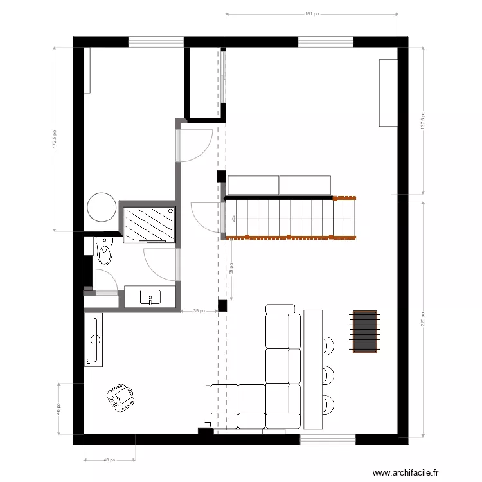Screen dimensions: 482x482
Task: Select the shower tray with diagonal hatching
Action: coord(149,224)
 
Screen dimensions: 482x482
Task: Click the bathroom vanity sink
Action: coord(150,298)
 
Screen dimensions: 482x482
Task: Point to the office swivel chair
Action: coord(121,397)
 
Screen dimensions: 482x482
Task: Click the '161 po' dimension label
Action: coord(312,13)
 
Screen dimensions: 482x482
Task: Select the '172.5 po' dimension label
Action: coord(55,139)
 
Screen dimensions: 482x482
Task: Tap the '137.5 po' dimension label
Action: coord(423,120)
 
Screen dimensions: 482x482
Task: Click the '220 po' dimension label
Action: coord(423,319)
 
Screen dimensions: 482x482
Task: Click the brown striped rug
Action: coord(364,332)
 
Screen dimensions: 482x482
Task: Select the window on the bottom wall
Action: coord(328,440)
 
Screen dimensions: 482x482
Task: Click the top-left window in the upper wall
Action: coord(156,42)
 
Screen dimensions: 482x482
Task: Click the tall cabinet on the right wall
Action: coord(388,93)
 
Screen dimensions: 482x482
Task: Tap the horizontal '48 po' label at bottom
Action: coord(109,460)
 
